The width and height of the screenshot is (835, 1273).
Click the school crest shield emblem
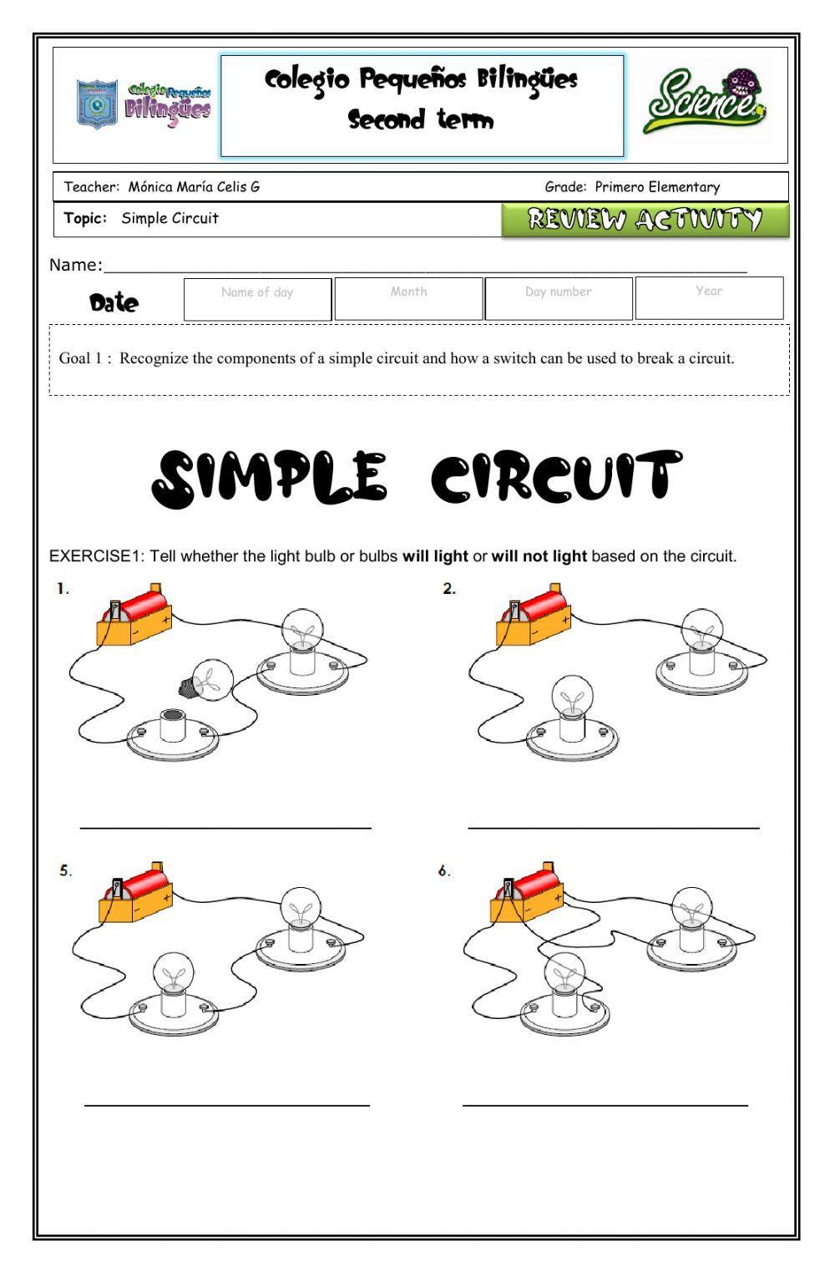[x=97, y=104]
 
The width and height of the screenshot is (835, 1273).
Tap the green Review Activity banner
[x=645, y=220]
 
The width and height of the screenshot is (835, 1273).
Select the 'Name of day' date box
[x=257, y=298]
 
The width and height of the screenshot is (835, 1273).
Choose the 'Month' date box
[x=408, y=298]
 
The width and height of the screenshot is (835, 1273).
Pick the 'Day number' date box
[x=559, y=298]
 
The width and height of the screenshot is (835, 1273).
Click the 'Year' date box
[x=709, y=298]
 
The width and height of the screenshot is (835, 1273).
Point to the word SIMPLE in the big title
[x=270, y=479]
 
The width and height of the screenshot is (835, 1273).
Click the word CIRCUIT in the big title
[x=556, y=479]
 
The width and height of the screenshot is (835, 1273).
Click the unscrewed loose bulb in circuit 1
[x=206, y=680]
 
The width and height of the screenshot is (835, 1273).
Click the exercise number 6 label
[x=444, y=871]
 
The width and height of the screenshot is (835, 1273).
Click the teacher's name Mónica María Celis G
[x=194, y=187]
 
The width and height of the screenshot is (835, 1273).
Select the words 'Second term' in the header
[x=421, y=120]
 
